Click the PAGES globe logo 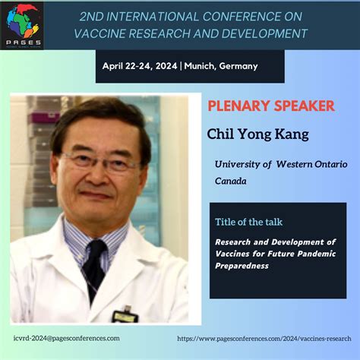[x=22, y=24]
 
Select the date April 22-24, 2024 [x=140, y=66]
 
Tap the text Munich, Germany [x=221, y=66]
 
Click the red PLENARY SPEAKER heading [x=271, y=106]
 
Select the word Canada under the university [x=231, y=181]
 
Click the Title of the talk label [x=248, y=222]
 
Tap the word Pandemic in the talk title [x=317, y=254]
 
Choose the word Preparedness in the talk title [x=242, y=266]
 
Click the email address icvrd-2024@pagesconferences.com [x=67, y=338]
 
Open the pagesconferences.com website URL [x=264, y=339]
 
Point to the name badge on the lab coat [x=125, y=315]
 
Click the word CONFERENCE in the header [x=242, y=17]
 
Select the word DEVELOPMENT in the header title [x=264, y=33]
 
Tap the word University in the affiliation [x=237, y=165]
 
